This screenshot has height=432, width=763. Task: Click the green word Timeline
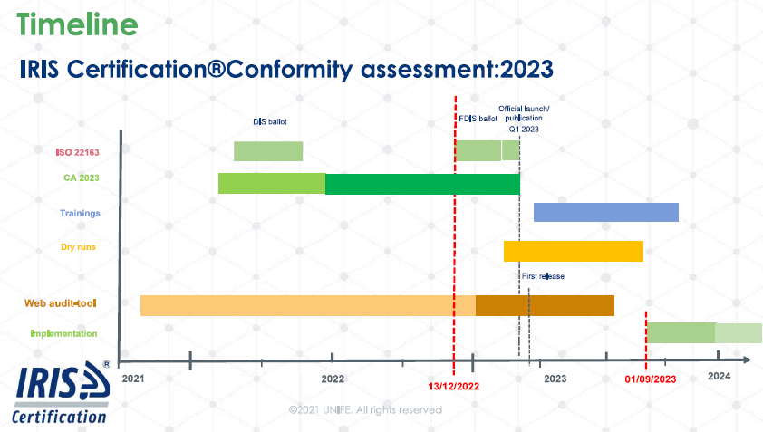[x=77, y=24]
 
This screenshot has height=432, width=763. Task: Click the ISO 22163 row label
[x=77, y=152]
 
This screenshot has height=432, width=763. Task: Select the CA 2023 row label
[x=82, y=178]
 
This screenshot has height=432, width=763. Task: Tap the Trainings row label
[x=80, y=213]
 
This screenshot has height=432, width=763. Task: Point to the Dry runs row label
[x=78, y=247]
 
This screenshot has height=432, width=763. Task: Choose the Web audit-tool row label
[x=61, y=303]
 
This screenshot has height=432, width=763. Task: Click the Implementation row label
[x=63, y=333]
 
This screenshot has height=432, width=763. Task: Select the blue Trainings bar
[x=606, y=212]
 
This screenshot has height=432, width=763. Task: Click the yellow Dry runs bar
[x=574, y=251]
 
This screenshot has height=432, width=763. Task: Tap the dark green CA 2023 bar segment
[x=422, y=184]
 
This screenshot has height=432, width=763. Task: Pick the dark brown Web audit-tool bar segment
[x=545, y=305]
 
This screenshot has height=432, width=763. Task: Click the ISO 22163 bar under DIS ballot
[x=268, y=151]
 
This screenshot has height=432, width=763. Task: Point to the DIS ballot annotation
[x=269, y=121]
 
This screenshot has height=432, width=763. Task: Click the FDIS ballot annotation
[x=478, y=119]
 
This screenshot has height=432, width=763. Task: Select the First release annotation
[x=543, y=276]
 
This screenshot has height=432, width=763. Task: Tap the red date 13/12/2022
[x=453, y=387]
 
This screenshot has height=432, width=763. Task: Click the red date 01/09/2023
[x=651, y=379]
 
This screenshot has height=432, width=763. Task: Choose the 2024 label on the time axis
[x=720, y=376]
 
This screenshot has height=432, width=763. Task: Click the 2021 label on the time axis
[x=133, y=379]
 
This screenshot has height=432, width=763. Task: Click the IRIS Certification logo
[x=61, y=392]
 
